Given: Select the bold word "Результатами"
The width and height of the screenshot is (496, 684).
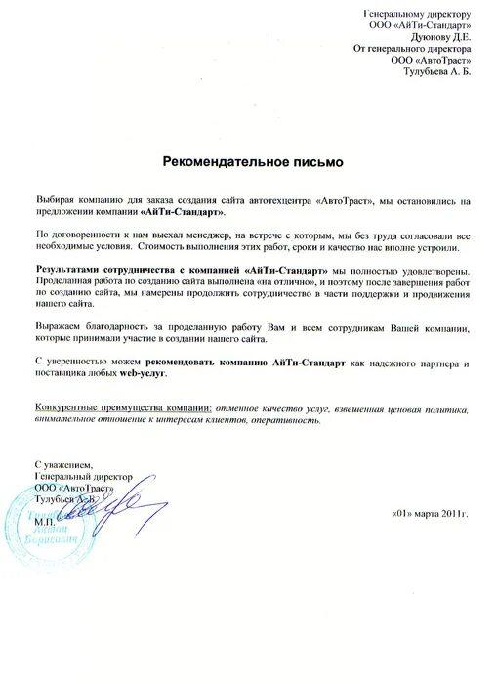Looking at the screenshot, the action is click(68, 269).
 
